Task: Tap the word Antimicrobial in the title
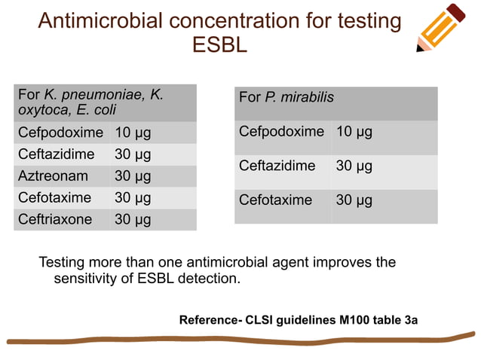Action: (100, 20)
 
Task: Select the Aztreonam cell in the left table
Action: (53, 176)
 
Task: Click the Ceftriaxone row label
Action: (55, 219)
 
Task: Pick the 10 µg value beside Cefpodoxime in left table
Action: (133, 133)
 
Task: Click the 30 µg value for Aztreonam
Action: (133, 176)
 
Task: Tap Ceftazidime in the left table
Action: (56, 154)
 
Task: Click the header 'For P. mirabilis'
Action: (286, 98)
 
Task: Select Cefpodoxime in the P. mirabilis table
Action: (281, 132)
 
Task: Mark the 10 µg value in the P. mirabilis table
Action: (354, 132)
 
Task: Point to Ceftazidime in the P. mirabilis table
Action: (277, 166)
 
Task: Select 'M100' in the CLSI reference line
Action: (357, 320)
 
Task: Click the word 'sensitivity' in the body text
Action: (86, 278)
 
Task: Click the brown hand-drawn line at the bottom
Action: (241, 339)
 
